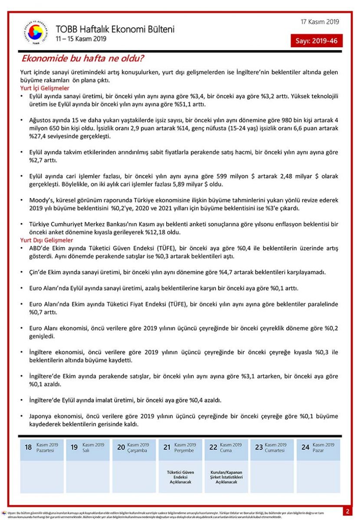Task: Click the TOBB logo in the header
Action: (36, 32)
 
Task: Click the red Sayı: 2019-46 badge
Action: (317, 41)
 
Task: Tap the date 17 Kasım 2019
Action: (320, 22)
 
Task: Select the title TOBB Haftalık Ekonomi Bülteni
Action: (115, 29)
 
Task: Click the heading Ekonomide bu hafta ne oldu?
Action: (83, 58)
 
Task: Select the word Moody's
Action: (41, 201)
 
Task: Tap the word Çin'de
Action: (39, 272)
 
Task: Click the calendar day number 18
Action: (28, 447)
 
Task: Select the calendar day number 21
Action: (167, 447)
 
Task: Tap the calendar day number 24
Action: (305, 447)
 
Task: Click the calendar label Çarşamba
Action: (138, 451)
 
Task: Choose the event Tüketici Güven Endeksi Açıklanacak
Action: (180, 477)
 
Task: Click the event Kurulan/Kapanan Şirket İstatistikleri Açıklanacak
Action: (226, 477)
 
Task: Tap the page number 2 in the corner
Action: (348, 511)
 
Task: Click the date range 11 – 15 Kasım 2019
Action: (81, 39)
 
